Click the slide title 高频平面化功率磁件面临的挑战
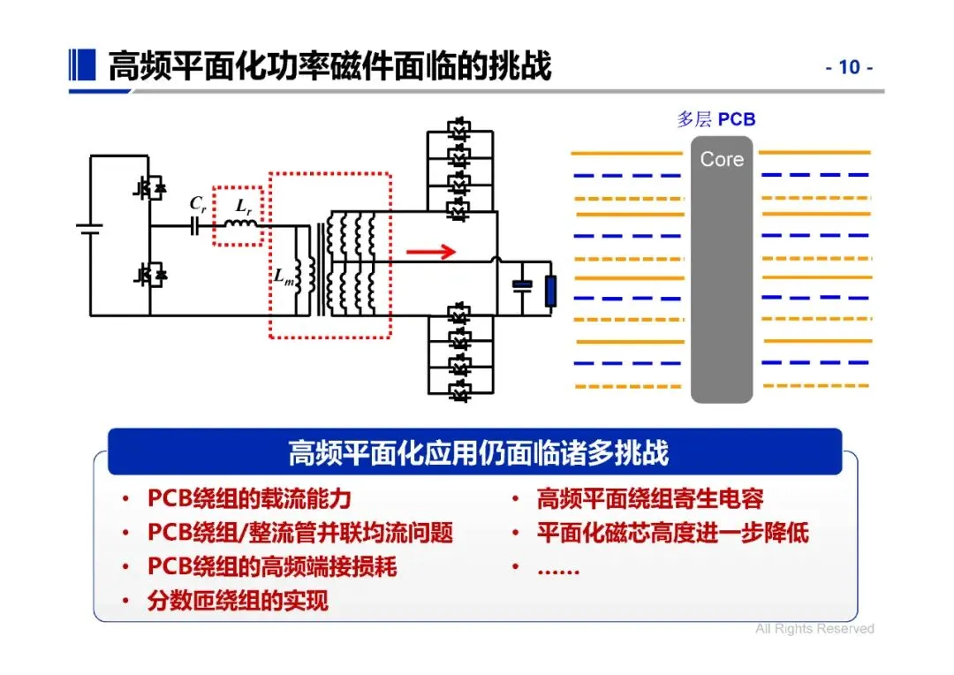tap(329, 67)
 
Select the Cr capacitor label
tap(198, 203)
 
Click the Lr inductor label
tap(240, 205)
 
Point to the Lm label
tap(283, 274)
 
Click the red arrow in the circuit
tap(431, 252)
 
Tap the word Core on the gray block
tap(722, 160)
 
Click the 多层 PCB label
tap(716, 119)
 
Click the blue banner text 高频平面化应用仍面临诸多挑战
tap(479, 453)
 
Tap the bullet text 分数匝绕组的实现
tap(238, 602)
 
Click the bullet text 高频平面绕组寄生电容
tap(650, 499)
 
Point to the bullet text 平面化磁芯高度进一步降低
tap(672, 533)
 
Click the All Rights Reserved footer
tap(814, 629)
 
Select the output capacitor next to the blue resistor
tap(522, 285)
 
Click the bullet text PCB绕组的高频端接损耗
tap(272, 567)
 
